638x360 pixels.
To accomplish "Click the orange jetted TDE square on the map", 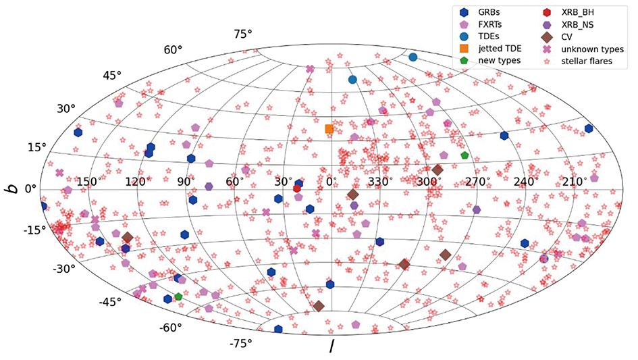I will [x=329, y=129].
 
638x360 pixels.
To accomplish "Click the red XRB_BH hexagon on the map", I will [x=297, y=188].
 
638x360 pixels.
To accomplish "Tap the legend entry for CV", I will [x=570, y=36].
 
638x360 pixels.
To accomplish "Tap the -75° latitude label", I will [x=241, y=344].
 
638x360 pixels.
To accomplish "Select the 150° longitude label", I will [x=88, y=182].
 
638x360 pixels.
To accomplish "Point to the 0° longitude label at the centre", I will [x=331, y=182].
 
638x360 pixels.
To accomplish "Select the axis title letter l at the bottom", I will [x=331, y=347].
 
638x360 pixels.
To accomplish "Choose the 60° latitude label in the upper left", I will [x=174, y=50].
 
